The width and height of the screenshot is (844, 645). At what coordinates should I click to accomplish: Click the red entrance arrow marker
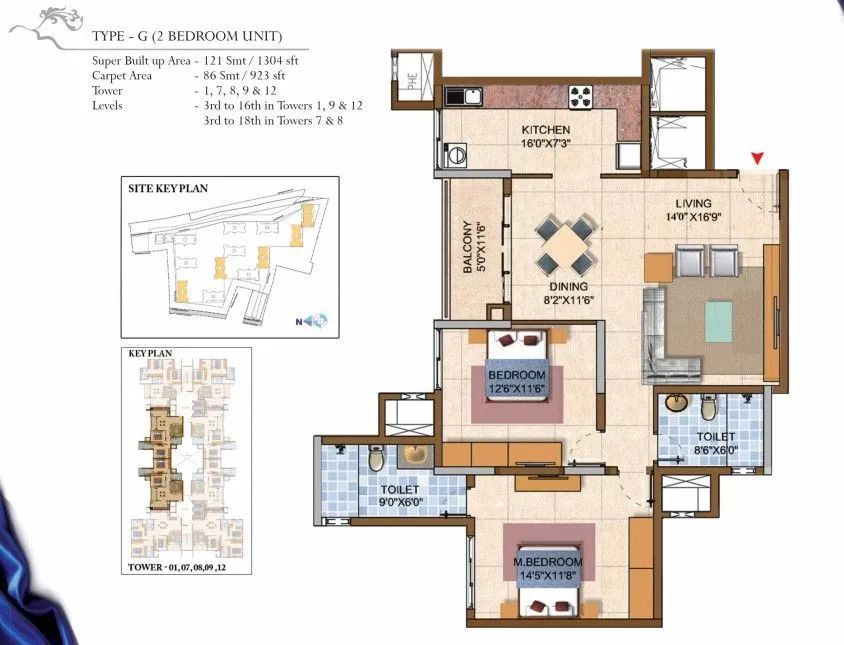click(x=758, y=158)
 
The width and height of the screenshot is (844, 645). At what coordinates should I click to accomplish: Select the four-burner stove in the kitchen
click(x=581, y=97)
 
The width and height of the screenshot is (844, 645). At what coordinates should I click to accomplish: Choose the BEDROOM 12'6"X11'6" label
click(x=516, y=381)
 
